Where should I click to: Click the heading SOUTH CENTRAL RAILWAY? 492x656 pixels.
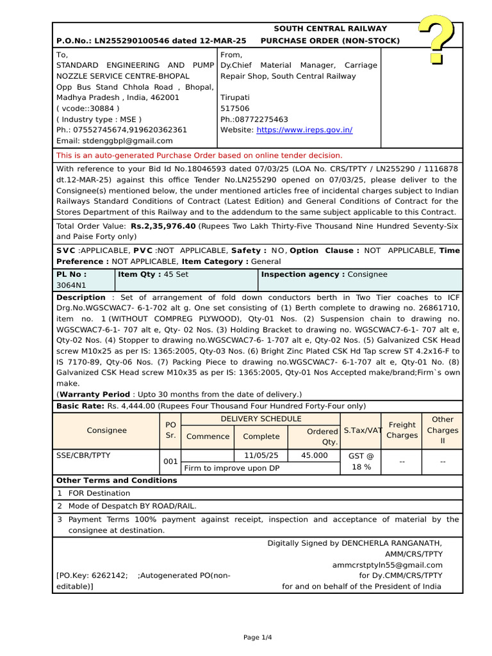coord(330,29)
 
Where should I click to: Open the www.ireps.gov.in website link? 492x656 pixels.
coord(304,130)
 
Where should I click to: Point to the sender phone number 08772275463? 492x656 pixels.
coord(261,119)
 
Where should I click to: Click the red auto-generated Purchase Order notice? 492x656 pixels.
coord(199,156)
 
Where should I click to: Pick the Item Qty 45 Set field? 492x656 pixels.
coord(154,274)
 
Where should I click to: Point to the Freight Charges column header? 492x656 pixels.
coord(402,430)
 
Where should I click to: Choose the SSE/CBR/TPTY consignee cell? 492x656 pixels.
coord(83,455)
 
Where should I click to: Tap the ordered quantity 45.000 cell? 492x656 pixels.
coord(314,455)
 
